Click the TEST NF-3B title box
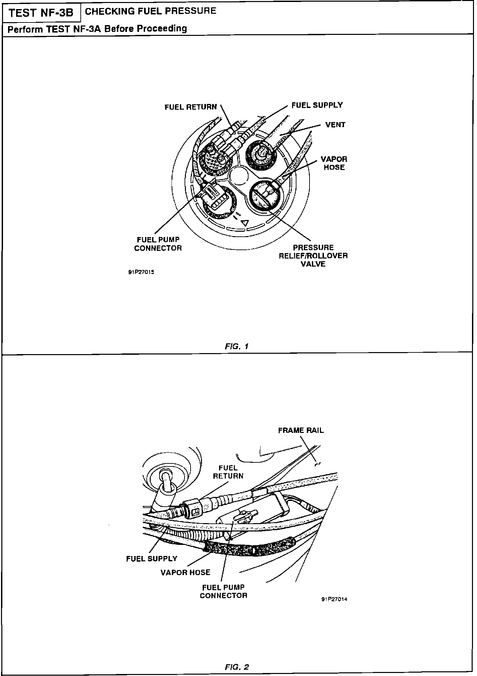tap(41, 13)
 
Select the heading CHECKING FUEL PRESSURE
tap(151, 11)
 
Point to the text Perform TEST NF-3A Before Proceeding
tap(97, 29)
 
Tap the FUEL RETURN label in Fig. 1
tap(191, 107)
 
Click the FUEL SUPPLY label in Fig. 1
tap(317, 105)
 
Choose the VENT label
tap(335, 125)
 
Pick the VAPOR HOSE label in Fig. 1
tap(334, 163)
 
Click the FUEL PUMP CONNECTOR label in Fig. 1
tap(158, 244)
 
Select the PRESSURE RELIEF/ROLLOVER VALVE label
tap(313, 256)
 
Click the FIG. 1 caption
tap(237, 346)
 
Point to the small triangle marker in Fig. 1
tap(246, 222)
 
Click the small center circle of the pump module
tap(238, 176)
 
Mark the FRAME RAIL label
tap(301, 431)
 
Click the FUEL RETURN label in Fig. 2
tap(228, 472)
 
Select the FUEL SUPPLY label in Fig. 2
tap(152, 559)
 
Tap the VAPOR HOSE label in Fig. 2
tap(185, 572)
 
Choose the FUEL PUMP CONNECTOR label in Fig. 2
tap(223, 591)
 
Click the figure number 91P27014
tap(334, 600)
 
